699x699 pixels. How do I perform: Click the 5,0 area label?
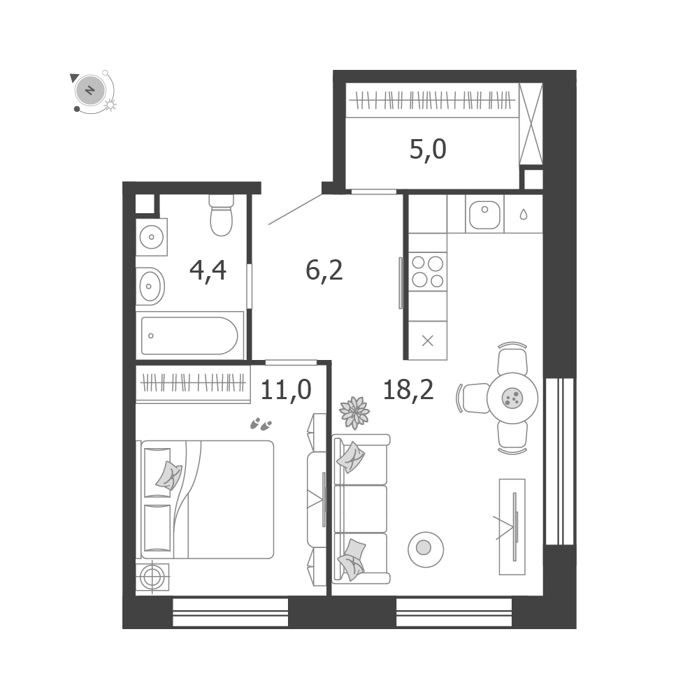click(428, 150)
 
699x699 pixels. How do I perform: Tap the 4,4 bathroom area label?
click(208, 271)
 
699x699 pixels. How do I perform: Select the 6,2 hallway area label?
click(324, 270)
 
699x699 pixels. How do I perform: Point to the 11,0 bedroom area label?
click(286, 389)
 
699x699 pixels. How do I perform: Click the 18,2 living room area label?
click(408, 389)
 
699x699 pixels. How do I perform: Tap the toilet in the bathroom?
click(221, 215)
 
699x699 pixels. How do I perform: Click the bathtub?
click(189, 336)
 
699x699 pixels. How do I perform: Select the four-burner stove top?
click(428, 271)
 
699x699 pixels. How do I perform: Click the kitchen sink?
click(484, 215)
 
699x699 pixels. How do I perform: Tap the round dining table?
click(512, 398)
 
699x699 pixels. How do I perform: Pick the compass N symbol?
click(90, 90)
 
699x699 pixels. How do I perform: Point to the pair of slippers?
click(261, 424)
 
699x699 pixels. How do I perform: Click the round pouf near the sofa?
click(426, 549)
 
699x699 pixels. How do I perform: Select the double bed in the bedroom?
click(208, 499)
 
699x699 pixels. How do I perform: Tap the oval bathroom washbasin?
click(150, 286)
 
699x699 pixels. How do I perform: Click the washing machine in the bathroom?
click(152, 237)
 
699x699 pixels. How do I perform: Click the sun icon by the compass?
click(110, 106)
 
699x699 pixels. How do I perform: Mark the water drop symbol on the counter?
click(524, 215)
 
